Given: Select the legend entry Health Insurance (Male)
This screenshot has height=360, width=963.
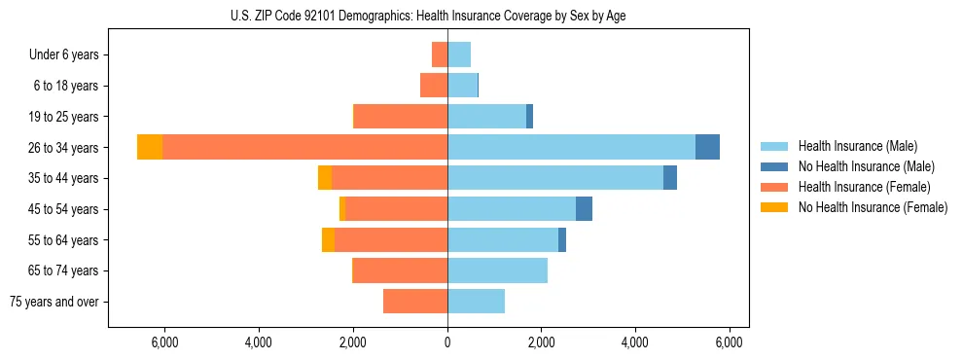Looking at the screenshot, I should pyautogui.click(x=857, y=146).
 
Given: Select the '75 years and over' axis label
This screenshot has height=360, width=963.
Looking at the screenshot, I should pyautogui.click(x=53, y=302).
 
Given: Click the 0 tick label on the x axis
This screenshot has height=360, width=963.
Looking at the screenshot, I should pyautogui.click(x=447, y=342).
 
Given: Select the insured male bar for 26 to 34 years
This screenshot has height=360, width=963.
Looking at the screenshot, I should pyautogui.click(x=571, y=147).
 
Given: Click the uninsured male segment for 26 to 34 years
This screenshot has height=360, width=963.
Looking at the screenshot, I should pyautogui.click(x=707, y=147).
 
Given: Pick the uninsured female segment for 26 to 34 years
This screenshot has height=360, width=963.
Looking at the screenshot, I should pyautogui.click(x=150, y=147).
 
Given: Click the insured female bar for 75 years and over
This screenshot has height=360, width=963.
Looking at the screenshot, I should pyautogui.click(x=415, y=302).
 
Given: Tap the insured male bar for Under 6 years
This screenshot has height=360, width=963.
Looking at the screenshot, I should pyautogui.click(x=459, y=54).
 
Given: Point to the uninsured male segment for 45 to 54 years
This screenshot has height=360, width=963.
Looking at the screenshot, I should pyautogui.click(x=584, y=209).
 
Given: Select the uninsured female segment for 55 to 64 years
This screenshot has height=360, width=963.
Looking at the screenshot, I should pyautogui.click(x=328, y=239).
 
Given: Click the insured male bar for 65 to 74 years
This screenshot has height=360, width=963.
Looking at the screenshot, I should pyautogui.click(x=497, y=270).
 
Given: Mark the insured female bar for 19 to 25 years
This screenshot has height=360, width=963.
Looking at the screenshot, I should pyautogui.click(x=401, y=116).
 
